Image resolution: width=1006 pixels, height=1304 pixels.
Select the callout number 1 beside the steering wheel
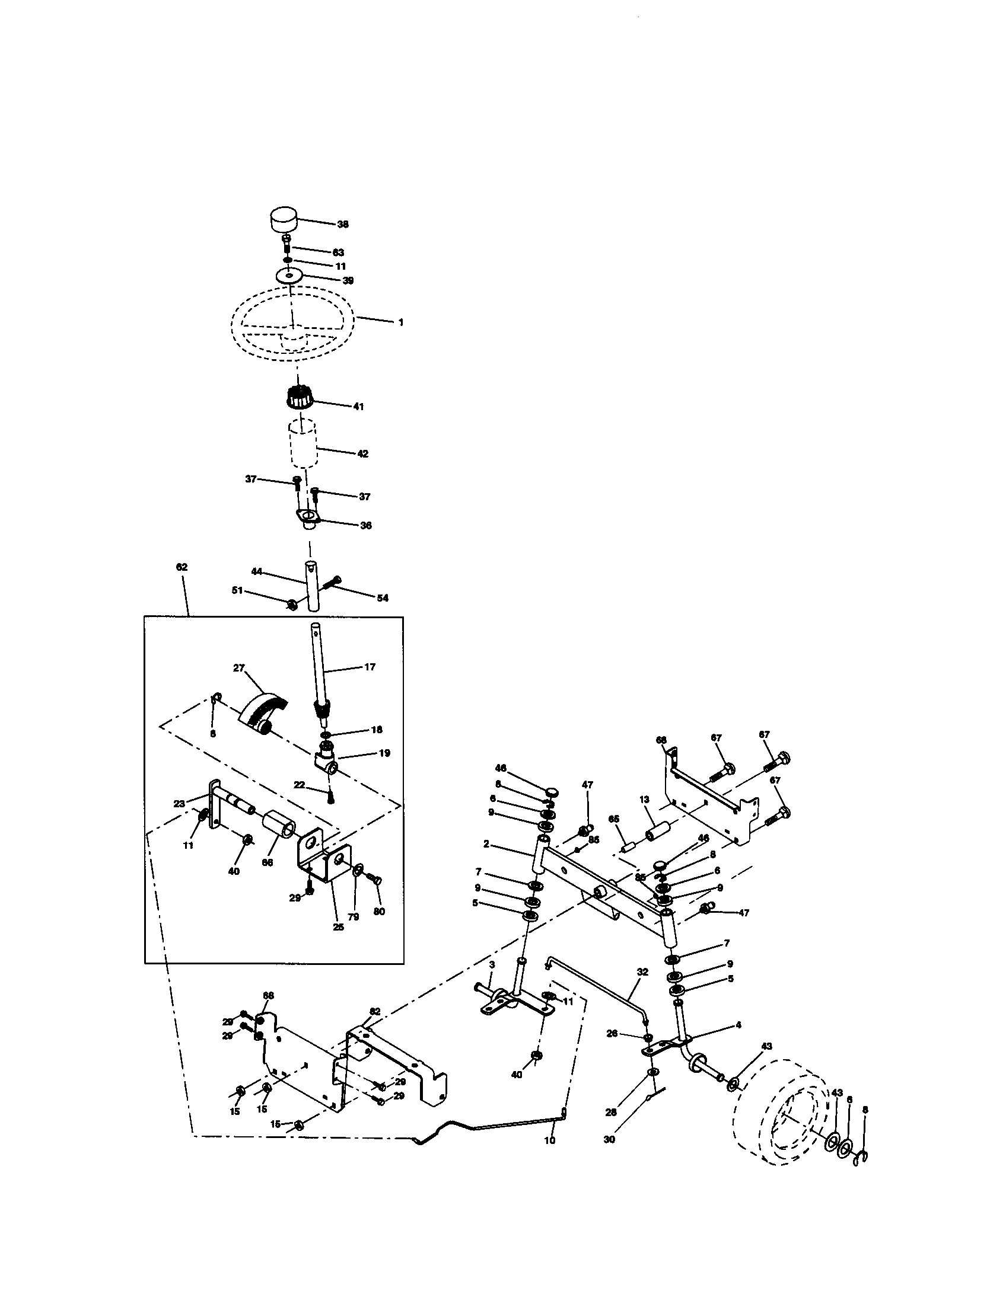point(401,322)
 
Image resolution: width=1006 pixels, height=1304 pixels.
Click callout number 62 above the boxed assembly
point(182,567)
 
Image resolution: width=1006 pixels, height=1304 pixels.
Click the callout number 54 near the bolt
point(382,597)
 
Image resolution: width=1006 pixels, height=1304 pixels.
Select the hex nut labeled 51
point(292,605)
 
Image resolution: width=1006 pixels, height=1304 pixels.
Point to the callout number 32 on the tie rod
point(642,972)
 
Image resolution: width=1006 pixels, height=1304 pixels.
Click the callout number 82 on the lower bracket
point(374,1011)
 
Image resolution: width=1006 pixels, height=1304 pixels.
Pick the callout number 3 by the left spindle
point(491,965)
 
